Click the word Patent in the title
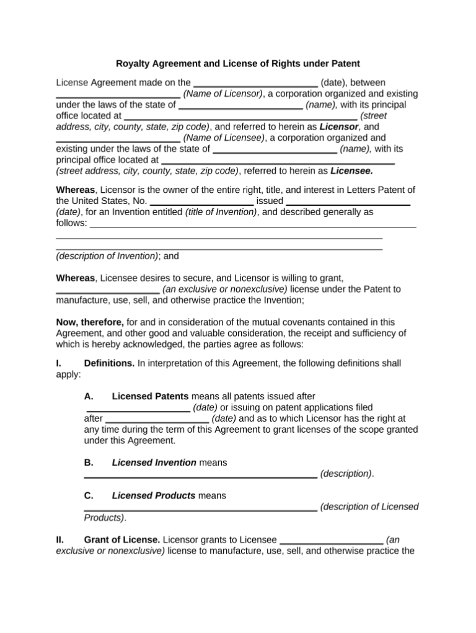(345, 63)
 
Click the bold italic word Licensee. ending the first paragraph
(351, 170)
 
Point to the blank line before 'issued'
(201, 202)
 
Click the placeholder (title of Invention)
(221, 212)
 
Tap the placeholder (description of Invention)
(107, 255)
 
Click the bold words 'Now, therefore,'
(90, 322)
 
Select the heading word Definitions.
(109, 363)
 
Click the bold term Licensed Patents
(151, 396)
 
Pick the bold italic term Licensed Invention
(154, 463)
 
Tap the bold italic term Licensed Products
(154, 496)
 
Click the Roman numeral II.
(60, 540)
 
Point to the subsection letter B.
(88, 463)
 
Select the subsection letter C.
(88, 496)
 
